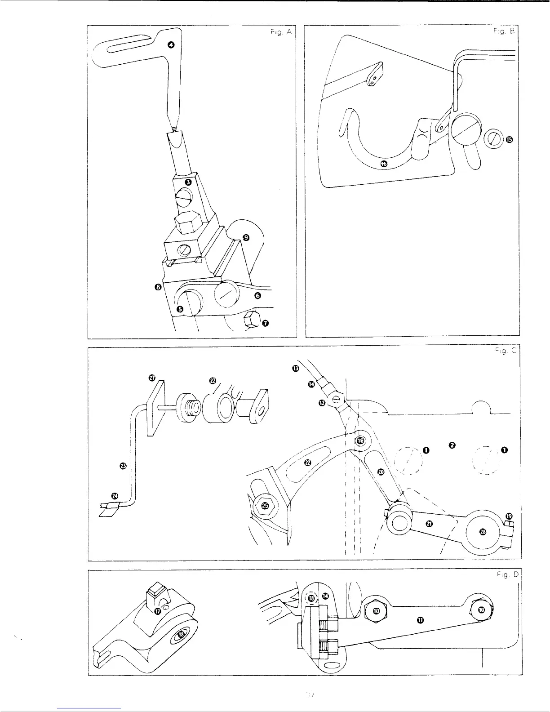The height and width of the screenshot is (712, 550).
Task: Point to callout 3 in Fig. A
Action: [189, 182]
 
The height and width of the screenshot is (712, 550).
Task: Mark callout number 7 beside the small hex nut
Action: [265, 323]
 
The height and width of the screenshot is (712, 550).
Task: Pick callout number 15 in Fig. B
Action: [509, 140]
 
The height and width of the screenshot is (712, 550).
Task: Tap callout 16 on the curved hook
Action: [383, 165]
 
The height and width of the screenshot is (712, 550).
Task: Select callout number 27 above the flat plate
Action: [152, 378]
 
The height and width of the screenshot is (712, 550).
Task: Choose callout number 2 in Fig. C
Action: [452, 445]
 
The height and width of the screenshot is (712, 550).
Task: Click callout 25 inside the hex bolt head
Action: [265, 506]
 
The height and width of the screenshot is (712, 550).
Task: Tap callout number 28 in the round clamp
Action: [483, 532]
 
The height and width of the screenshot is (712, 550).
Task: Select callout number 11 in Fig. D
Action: [420, 621]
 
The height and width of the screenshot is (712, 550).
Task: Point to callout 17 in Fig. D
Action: [158, 611]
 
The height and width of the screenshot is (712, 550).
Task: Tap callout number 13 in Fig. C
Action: [295, 369]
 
